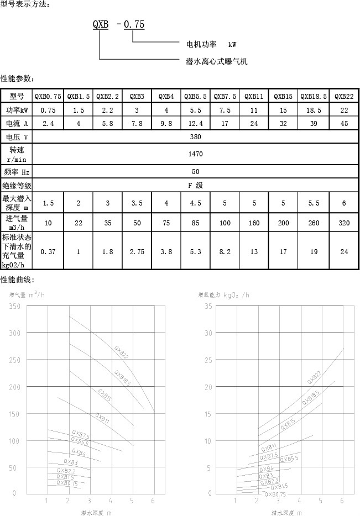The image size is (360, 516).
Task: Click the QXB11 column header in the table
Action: point(254,96)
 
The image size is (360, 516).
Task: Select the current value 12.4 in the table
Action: point(196,123)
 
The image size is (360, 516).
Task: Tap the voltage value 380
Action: point(196,137)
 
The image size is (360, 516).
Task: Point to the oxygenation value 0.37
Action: point(48,251)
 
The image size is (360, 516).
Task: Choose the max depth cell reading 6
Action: point(344,203)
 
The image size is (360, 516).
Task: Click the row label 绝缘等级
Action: point(17,186)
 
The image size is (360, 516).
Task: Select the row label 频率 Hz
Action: point(17,172)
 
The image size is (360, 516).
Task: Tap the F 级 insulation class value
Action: point(196,186)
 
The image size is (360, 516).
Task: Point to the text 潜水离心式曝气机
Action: point(216,61)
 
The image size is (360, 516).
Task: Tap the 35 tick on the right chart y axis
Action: point(208,307)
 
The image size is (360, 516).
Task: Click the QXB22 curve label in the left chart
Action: point(122,352)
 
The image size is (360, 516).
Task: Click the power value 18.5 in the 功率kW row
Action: point(314,110)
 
